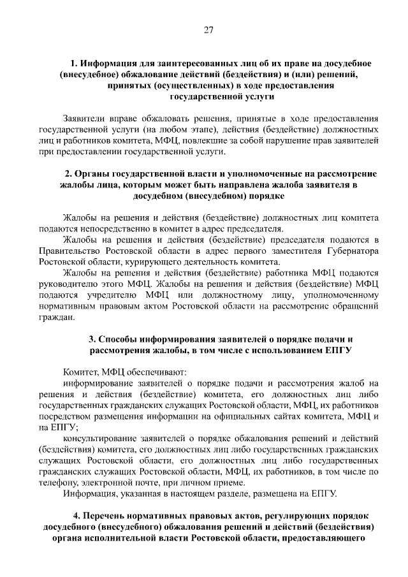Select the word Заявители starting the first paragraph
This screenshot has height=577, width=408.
pos(86,118)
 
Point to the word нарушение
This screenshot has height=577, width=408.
pos(275,141)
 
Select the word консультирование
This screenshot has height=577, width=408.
pos(105,439)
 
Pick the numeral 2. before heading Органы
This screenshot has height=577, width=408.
pos(68,174)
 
